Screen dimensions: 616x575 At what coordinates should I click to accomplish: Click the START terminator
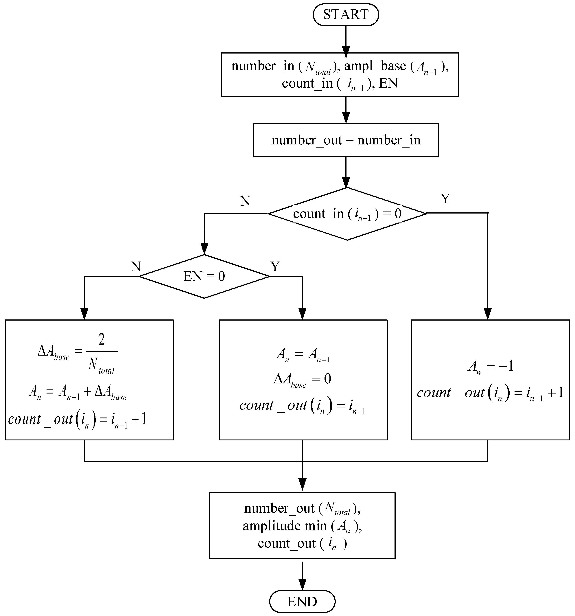point(346,14)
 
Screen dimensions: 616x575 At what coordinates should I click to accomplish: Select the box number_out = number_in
point(346,140)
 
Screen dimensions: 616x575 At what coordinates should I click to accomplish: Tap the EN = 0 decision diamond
point(204,276)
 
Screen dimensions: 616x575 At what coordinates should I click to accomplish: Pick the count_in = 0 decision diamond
point(347,214)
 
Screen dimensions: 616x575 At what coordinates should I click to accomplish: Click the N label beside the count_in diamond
point(245,201)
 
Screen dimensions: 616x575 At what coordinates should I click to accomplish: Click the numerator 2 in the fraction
point(101,340)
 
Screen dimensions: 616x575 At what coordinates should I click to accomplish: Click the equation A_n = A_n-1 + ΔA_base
point(78,392)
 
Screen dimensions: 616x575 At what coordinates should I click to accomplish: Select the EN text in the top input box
point(388,84)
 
